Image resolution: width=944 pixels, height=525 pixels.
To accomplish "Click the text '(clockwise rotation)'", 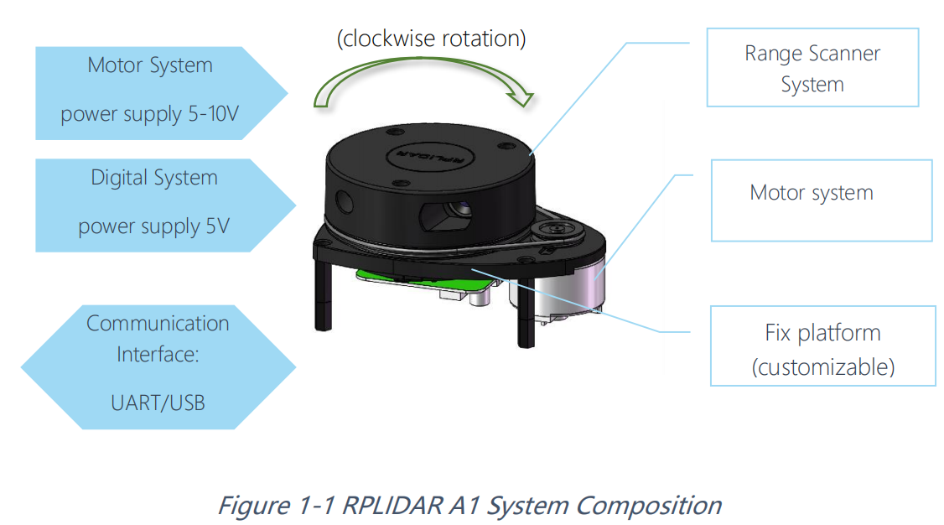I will coord(431,39).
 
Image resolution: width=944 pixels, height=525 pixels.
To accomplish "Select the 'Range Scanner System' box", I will coord(812,68).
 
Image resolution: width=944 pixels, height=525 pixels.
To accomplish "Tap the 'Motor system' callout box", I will coord(812,193).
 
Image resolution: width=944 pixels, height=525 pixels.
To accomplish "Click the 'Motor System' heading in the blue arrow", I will coord(150,65).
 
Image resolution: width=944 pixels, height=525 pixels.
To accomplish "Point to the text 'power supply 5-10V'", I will coord(150,113).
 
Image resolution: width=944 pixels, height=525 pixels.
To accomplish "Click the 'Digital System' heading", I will coord(154,178).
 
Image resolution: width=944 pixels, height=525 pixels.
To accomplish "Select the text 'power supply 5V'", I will coord(153,226).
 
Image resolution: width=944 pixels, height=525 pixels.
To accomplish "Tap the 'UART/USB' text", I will coord(158,403).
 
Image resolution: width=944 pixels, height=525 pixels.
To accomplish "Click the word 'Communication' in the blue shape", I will coord(158,324).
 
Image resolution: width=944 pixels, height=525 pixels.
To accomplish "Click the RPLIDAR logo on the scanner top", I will coord(430,158).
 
